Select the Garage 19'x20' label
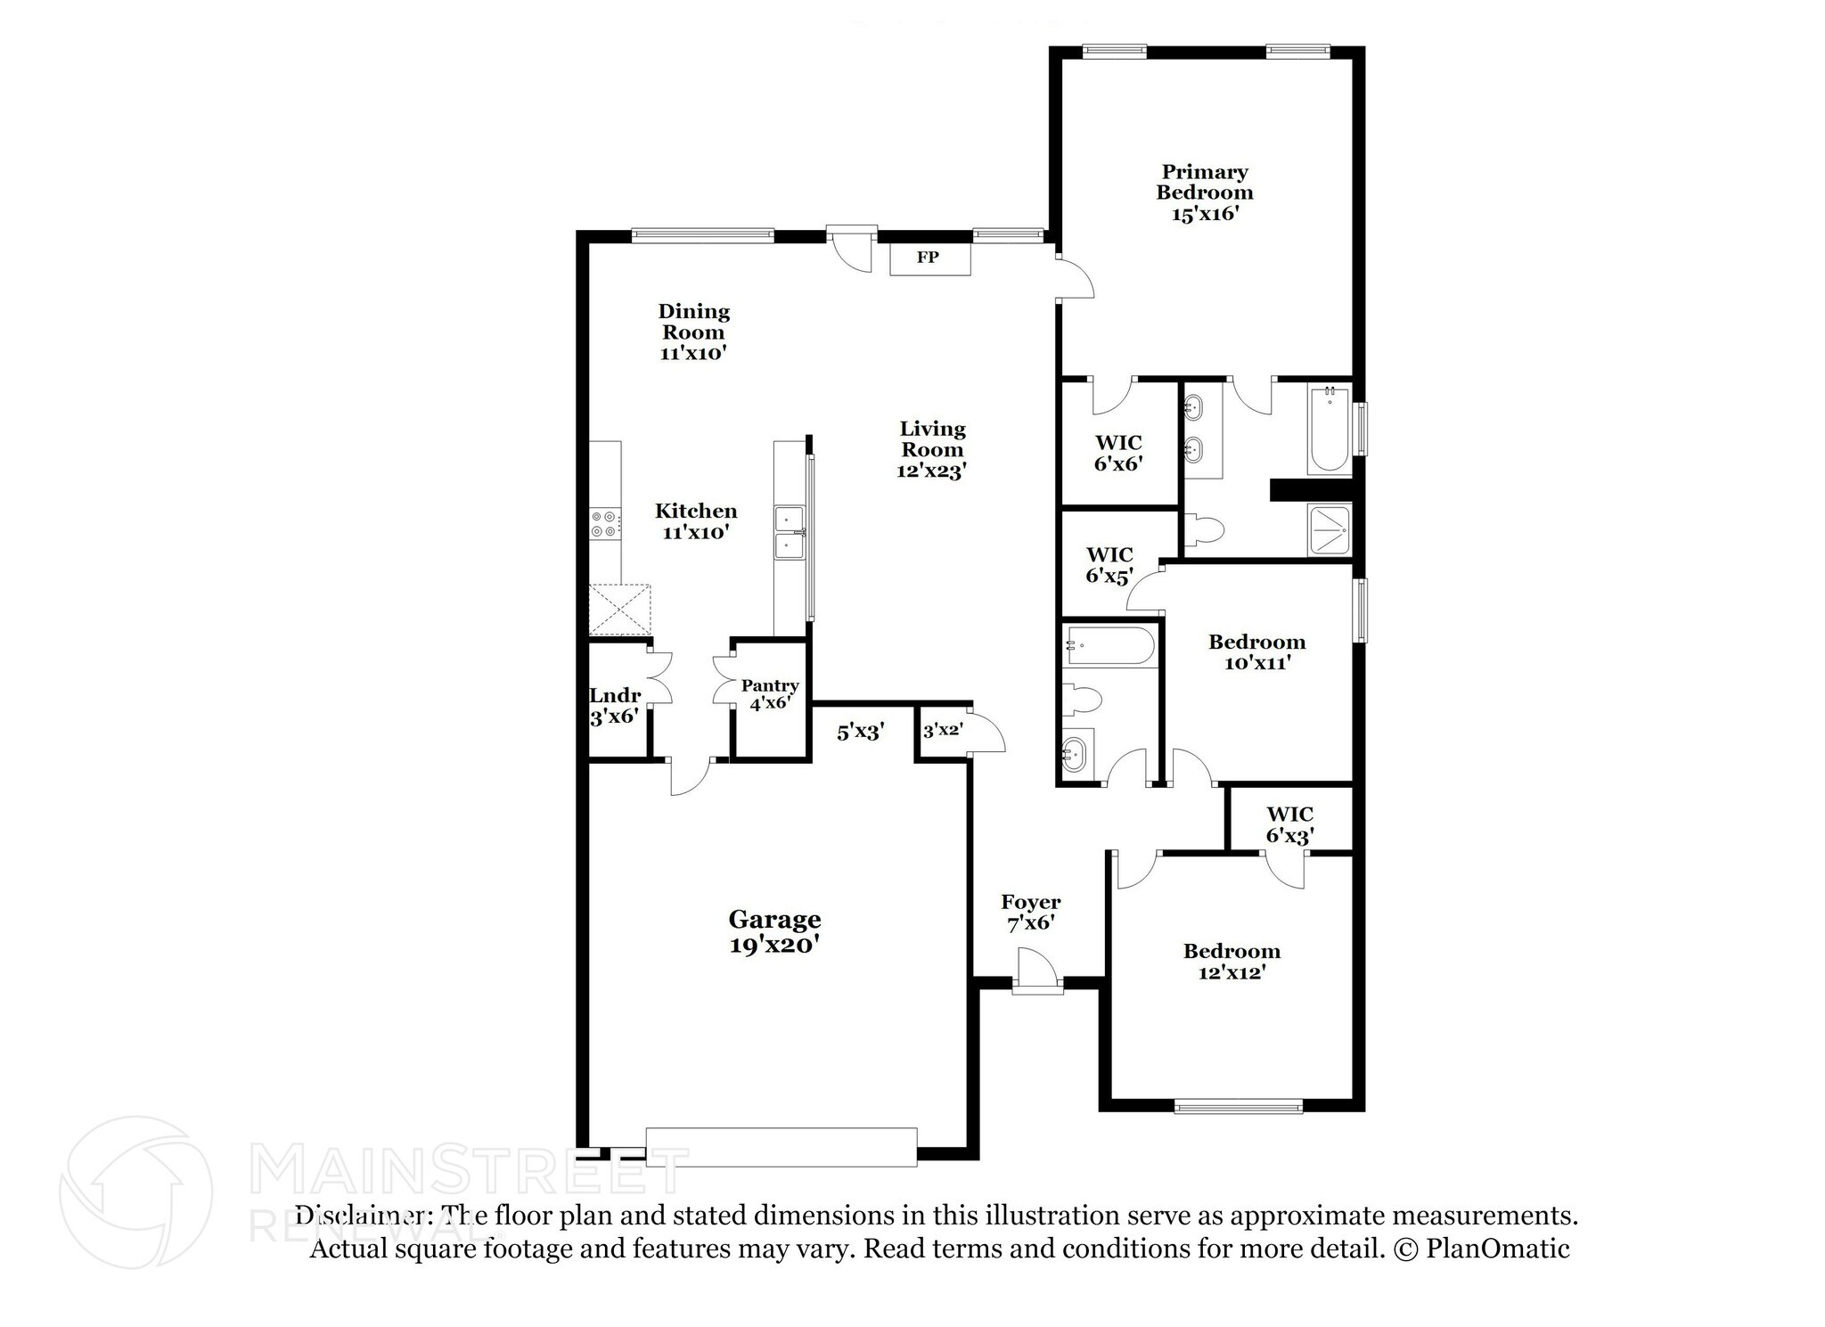[x=774, y=931]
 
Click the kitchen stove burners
[x=605, y=523]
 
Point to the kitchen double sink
[x=790, y=532]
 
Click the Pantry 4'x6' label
[x=770, y=693]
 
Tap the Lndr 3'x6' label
[x=615, y=705]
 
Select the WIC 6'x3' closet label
[x=1289, y=824]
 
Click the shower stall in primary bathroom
[x=1330, y=530]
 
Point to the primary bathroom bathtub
[x=1329, y=429]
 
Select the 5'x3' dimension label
[x=860, y=733]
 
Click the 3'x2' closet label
[x=942, y=731]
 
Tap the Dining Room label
[x=693, y=332]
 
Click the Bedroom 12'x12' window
[x=1238, y=1107]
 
